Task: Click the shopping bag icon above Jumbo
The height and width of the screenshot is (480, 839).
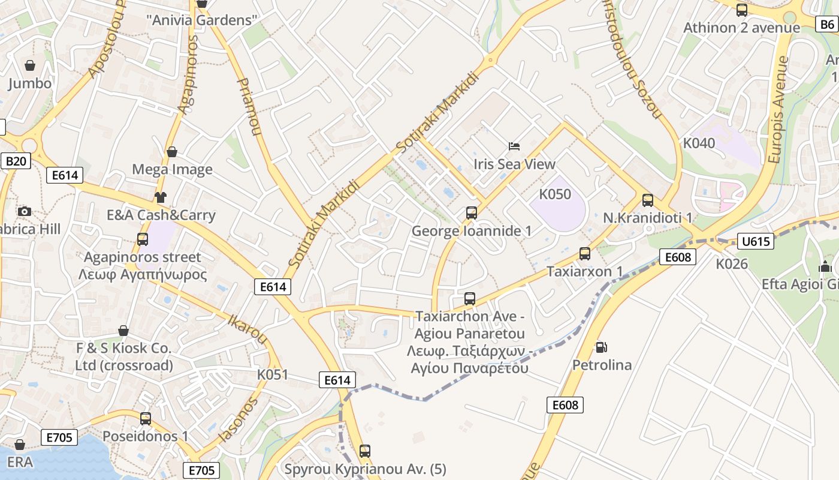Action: pyautogui.click(x=29, y=65)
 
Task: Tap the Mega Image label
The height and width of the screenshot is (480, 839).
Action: pyautogui.click(x=172, y=169)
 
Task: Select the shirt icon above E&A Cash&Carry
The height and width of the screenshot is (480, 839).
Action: pyautogui.click(x=160, y=197)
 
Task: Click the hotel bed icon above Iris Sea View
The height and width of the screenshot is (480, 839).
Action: pyautogui.click(x=514, y=146)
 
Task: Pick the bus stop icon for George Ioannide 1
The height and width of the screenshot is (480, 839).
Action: pyautogui.click(x=472, y=213)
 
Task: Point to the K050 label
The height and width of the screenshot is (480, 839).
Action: pyautogui.click(x=555, y=194)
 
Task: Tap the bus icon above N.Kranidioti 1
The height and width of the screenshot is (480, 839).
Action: pyautogui.click(x=647, y=200)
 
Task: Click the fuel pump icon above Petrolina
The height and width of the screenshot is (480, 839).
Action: pyautogui.click(x=600, y=347)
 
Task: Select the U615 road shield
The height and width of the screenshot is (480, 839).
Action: pyautogui.click(x=755, y=241)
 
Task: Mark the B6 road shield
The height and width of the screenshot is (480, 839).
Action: pyautogui.click(x=826, y=25)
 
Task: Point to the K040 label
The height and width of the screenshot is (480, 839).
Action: pyautogui.click(x=699, y=143)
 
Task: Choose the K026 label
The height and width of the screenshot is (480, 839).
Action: pyautogui.click(x=732, y=263)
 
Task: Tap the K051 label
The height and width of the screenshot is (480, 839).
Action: pyautogui.click(x=273, y=374)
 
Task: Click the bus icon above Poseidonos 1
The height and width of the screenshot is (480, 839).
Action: pyautogui.click(x=145, y=419)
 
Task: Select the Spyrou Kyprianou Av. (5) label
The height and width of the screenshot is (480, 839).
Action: pyautogui.click(x=365, y=469)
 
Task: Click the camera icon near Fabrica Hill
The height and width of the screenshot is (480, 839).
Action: pyautogui.click(x=25, y=211)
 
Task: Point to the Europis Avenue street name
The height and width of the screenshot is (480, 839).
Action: pyautogui.click(x=777, y=110)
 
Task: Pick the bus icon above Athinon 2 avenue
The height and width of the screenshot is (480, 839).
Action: pyautogui.click(x=741, y=10)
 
